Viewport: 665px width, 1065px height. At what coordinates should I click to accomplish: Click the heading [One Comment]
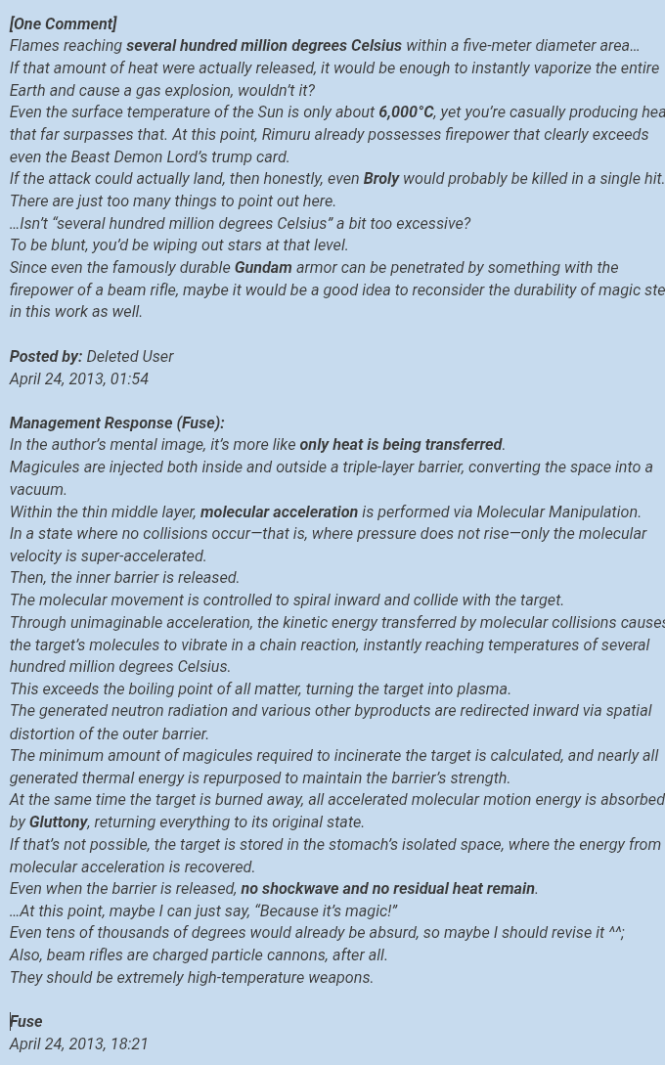coord(63,23)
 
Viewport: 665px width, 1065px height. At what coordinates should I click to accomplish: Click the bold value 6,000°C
coord(406,112)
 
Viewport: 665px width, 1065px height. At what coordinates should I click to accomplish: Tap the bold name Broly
coord(381,179)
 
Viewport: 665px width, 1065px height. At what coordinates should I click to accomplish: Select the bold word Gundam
coord(263,268)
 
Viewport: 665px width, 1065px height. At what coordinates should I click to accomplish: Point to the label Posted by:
coord(46,357)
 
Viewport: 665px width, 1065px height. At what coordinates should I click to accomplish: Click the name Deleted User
coord(129,357)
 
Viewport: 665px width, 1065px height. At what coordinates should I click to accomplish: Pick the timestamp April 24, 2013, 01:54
coord(79,379)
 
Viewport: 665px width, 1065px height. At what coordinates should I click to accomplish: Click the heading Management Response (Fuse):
coord(116,423)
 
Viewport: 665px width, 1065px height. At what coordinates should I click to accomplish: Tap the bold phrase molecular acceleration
coord(279,512)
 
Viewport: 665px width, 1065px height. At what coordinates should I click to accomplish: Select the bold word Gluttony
coord(59,822)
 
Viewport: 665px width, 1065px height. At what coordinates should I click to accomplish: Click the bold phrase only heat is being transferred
coord(401,445)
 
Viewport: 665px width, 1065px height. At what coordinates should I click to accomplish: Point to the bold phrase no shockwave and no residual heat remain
coord(387,889)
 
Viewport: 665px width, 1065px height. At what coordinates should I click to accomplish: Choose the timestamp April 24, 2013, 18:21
coord(79,1044)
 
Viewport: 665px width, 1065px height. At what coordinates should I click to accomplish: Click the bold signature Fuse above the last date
coord(26,1022)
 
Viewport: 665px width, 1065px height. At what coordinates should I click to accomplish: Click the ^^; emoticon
coord(616,933)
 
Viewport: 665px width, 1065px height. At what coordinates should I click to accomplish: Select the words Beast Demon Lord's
coord(116,157)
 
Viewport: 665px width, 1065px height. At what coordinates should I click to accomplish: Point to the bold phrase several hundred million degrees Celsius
coord(264,46)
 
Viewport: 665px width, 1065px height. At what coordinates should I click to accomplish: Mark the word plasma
coord(481,689)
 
